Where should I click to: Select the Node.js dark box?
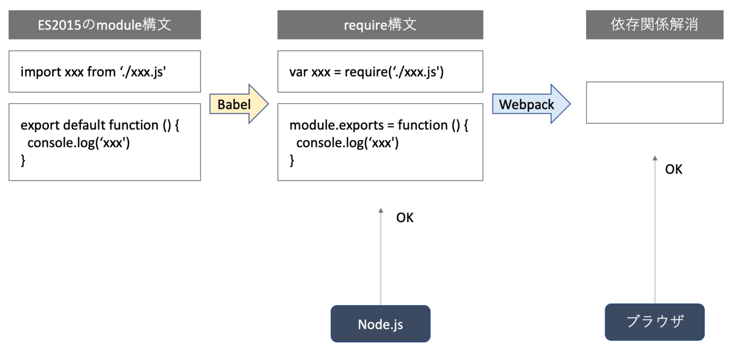(x=380, y=324)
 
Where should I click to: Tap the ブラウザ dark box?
(x=654, y=322)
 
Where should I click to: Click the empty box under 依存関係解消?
(x=654, y=103)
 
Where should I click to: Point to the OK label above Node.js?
(x=405, y=218)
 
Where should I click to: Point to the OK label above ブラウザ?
(x=674, y=169)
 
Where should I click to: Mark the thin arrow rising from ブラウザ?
(x=655, y=229)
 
